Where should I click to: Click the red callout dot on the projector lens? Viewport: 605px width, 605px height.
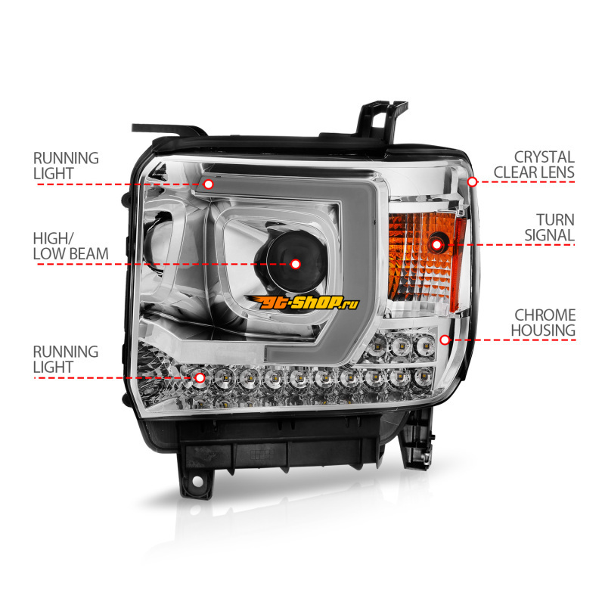click(296, 264)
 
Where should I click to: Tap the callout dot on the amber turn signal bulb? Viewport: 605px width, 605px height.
click(437, 244)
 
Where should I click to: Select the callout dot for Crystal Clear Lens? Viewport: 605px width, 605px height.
click(472, 181)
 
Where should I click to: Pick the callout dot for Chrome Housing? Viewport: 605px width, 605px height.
click(445, 340)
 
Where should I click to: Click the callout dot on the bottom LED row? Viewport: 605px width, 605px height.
click(200, 377)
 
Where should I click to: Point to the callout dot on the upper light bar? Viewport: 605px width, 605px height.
click(209, 184)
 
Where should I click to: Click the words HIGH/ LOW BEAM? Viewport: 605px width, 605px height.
click(70, 247)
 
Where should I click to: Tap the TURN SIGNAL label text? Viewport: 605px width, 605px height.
click(550, 228)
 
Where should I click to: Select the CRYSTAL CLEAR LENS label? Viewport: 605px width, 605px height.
click(534, 165)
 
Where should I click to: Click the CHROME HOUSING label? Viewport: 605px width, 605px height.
click(543, 323)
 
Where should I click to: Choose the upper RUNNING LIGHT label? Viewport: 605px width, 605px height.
click(66, 166)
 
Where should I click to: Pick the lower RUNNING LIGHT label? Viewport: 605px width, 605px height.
click(66, 359)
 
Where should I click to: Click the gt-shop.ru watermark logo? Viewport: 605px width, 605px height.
click(302, 302)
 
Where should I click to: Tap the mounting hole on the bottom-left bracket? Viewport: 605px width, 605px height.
click(197, 481)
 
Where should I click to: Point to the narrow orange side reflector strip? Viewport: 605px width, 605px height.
click(458, 264)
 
